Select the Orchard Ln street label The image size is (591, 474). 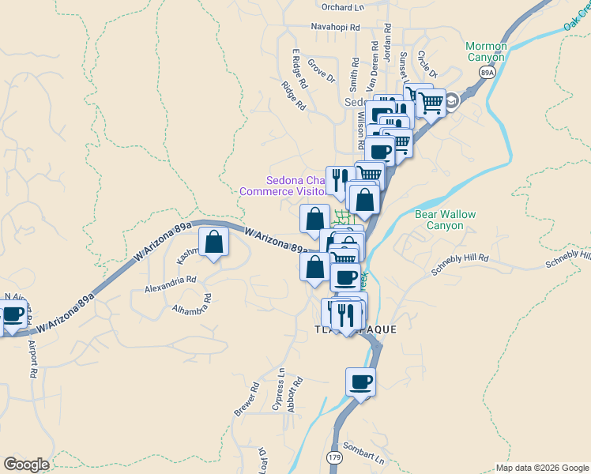click(343, 7)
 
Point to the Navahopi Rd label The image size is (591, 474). click(335, 27)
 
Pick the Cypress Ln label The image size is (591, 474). click(277, 389)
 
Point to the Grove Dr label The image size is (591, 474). click(322, 71)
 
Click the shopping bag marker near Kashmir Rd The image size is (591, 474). click(213, 241)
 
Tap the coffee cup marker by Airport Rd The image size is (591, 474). click(12, 314)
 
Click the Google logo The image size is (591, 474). click(26, 465)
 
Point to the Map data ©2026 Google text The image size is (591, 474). click(541, 468)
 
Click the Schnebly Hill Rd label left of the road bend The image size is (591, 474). click(460, 264)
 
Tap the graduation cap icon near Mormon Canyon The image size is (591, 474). click(452, 100)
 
